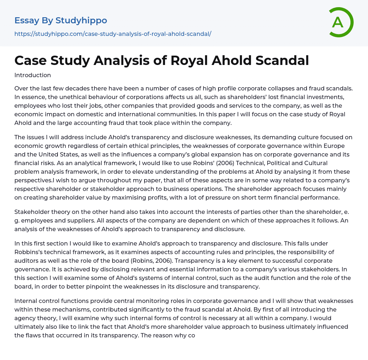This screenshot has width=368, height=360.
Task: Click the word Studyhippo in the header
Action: point(81,20)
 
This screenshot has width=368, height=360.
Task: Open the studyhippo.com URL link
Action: point(112,34)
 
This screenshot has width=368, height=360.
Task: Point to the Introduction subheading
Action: point(32,75)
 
